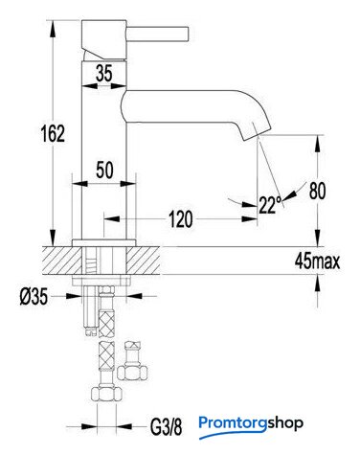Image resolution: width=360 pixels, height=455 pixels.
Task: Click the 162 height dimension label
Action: click(x=53, y=133)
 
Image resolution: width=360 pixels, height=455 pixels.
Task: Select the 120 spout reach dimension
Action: click(x=180, y=219)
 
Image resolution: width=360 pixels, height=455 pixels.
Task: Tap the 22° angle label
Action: click(x=270, y=204)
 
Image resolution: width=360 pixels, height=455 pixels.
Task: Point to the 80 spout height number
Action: click(x=318, y=191)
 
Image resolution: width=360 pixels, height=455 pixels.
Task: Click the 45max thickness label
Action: click(x=317, y=262)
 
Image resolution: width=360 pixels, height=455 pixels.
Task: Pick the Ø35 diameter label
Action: click(x=34, y=297)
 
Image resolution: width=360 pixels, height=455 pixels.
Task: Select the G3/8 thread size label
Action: click(x=166, y=427)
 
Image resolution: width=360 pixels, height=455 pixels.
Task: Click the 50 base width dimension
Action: click(x=104, y=170)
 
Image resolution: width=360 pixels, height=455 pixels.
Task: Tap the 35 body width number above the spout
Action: click(x=104, y=73)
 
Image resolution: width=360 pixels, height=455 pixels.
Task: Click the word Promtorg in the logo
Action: click(x=233, y=423)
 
